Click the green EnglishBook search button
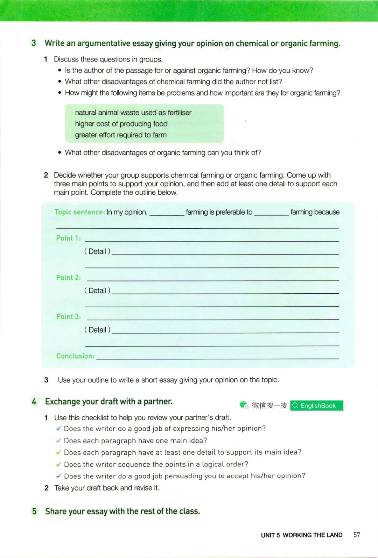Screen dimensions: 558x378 [x=316, y=406]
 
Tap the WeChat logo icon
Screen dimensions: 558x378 [x=244, y=405]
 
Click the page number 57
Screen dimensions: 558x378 [x=356, y=535]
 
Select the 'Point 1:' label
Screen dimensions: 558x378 [x=68, y=238]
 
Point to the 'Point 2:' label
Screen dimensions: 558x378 [x=68, y=278]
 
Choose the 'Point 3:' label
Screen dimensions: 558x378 [x=68, y=317]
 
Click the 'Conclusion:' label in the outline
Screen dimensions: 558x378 [x=75, y=356]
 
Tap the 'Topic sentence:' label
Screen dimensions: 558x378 [x=79, y=212]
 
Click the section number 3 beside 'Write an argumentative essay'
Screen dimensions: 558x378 [x=34, y=43]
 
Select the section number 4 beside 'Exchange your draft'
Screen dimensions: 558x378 [x=34, y=401]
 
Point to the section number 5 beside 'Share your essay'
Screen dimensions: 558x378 [x=34, y=511]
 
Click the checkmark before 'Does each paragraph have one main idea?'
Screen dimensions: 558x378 [x=58, y=441]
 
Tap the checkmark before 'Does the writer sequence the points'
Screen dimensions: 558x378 [x=58, y=464]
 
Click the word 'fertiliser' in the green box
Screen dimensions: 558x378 [x=180, y=113]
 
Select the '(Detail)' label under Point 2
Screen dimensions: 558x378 [x=97, y=291]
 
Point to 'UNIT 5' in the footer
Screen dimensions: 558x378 [x=270, y=535]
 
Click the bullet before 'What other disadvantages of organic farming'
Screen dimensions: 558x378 [x=60, y=153]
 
